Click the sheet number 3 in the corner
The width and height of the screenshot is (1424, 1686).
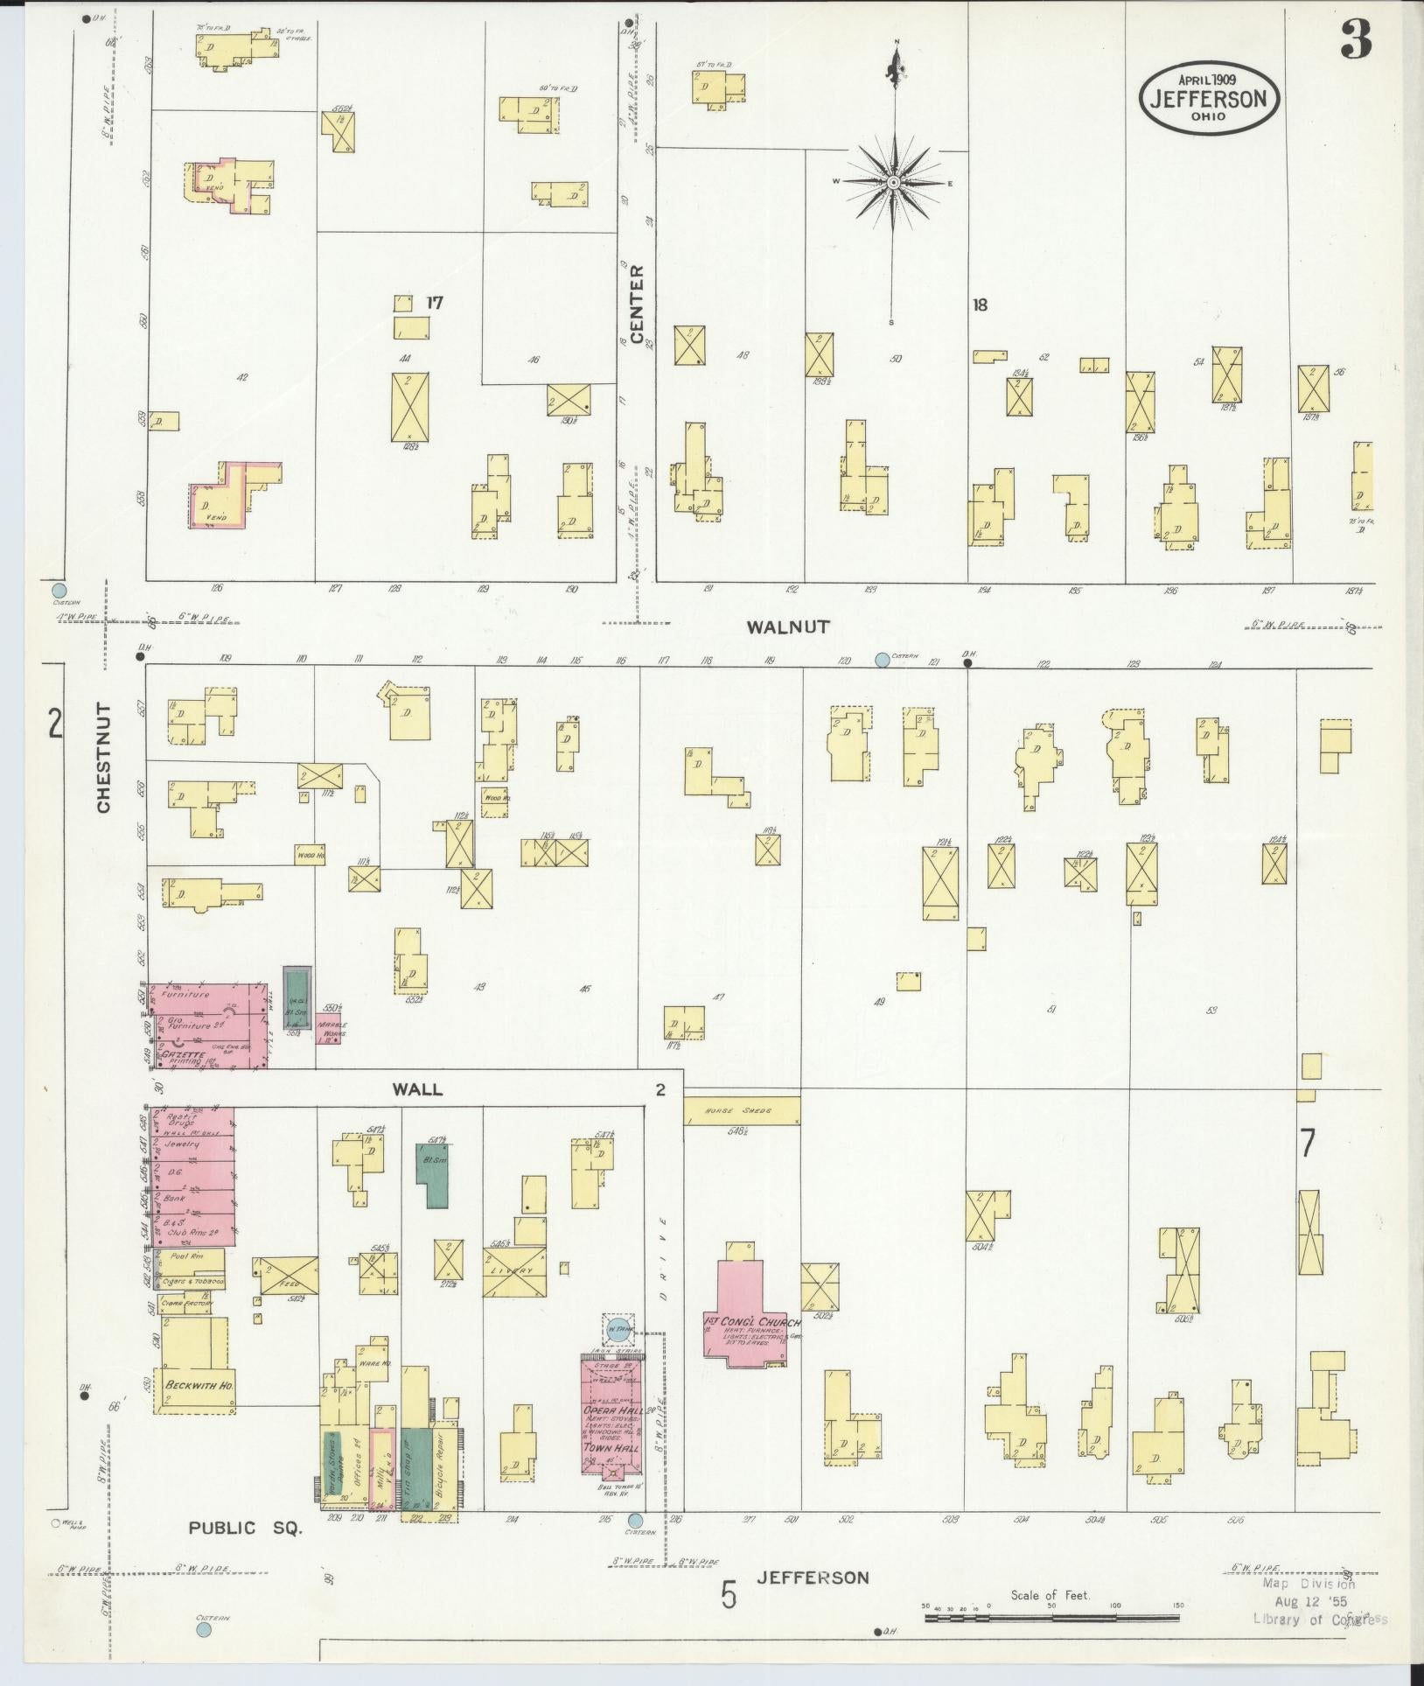click(1355, 39)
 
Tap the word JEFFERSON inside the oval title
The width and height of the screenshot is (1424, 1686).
click(1209, 98)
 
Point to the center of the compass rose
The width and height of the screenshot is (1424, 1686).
click(894, 182)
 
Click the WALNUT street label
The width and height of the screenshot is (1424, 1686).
click(787, 626)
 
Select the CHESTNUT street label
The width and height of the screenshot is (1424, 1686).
click(104, 758)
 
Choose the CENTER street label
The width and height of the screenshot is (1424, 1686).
click(637, 304)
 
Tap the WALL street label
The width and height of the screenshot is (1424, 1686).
click(417, 1089)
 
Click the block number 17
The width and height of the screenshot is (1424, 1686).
click(435, 303)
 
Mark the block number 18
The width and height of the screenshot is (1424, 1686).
click(980, 304)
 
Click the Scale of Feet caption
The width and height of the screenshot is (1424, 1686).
click(1050, 1595)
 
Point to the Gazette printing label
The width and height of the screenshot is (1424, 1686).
click(183, 1055)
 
